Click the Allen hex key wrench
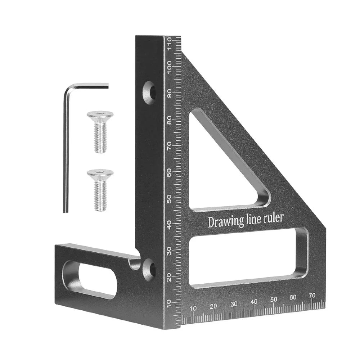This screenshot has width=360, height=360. pos(66,151)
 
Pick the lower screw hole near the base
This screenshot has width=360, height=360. pos(149,269)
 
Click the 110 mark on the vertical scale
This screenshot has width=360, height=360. pos(169,45)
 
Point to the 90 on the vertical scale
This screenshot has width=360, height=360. pos(169,93)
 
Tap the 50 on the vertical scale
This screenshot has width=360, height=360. pos(169,198)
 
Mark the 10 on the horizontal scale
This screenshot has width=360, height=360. pos(193,308)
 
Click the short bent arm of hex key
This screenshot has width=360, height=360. pos(90,85)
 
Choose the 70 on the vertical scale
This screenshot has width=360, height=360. pos(169,145)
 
